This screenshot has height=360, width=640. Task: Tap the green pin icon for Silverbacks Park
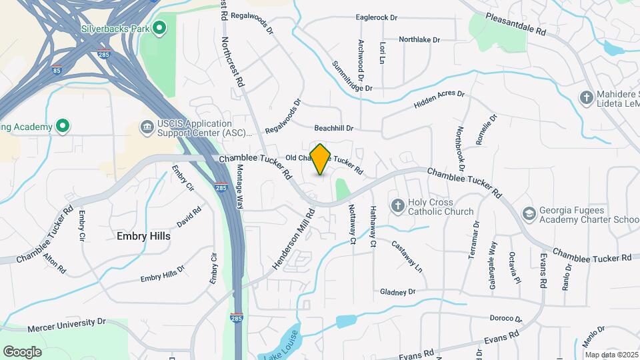point(159,28)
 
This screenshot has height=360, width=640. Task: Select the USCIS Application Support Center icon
point(146,127)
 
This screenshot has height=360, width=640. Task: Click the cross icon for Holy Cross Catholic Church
point(397,206)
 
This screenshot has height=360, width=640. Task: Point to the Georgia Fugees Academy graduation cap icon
point(529,213)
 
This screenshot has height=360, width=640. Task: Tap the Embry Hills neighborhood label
point(143,236)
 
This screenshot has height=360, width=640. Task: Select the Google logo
point(22,352)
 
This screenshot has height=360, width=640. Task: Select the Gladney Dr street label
point(397,292)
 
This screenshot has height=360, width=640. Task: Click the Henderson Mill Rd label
point(293,241)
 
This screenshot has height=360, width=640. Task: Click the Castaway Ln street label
point(407,256)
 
